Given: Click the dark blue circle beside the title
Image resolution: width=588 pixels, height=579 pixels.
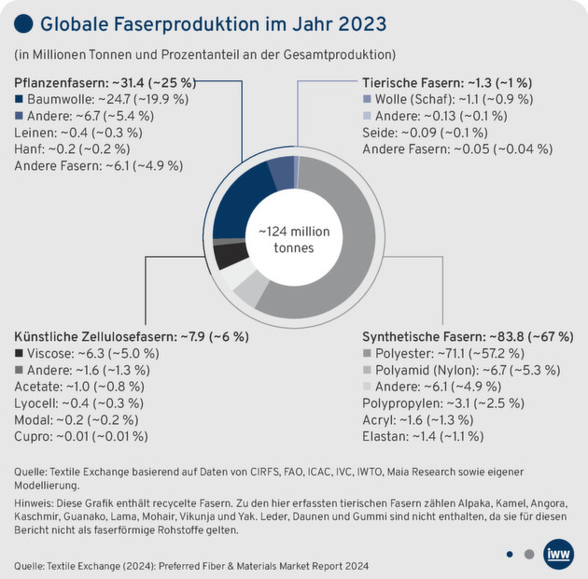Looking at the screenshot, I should click(x=26, y=22).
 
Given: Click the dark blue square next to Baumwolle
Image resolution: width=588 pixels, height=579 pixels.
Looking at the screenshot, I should click(x=21, y=99).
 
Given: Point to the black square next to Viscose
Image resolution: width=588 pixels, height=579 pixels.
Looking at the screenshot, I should click(x=21, y=354).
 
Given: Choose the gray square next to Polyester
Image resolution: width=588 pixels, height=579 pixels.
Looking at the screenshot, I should click(x=368, y=354).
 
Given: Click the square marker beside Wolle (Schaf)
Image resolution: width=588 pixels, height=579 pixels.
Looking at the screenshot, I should click(x=368, y=99).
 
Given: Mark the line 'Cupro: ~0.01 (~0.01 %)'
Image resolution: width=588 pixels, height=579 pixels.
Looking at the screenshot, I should click(x=81, y=436).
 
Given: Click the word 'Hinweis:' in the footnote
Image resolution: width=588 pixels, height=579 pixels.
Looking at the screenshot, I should click(x=38, y=501).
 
